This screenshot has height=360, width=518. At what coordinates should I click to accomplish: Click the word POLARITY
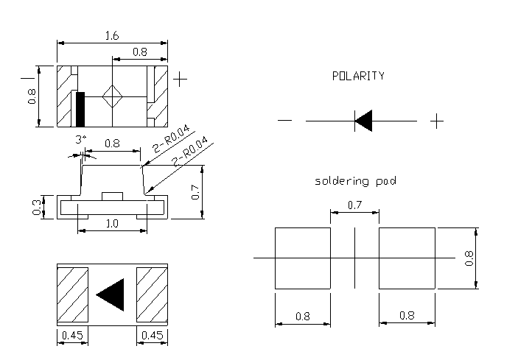point(358,76)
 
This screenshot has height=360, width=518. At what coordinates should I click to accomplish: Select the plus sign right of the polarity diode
point(437,121)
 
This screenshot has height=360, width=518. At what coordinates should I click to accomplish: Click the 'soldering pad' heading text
point(354,180)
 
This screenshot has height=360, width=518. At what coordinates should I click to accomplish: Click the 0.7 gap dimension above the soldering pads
point(354,205)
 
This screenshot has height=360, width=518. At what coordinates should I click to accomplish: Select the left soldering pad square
point(302,258)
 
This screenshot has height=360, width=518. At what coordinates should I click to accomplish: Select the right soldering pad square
point(407,258)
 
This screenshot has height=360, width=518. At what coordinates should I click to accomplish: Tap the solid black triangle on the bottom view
point(112,294)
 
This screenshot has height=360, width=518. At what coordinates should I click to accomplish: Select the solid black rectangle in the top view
point(80,109)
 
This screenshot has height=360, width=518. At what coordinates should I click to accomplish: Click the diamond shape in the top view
point(112,96)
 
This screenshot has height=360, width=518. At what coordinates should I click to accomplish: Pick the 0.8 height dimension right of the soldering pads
point(469,258)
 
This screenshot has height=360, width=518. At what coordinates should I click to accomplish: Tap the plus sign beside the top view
point(181,77)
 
